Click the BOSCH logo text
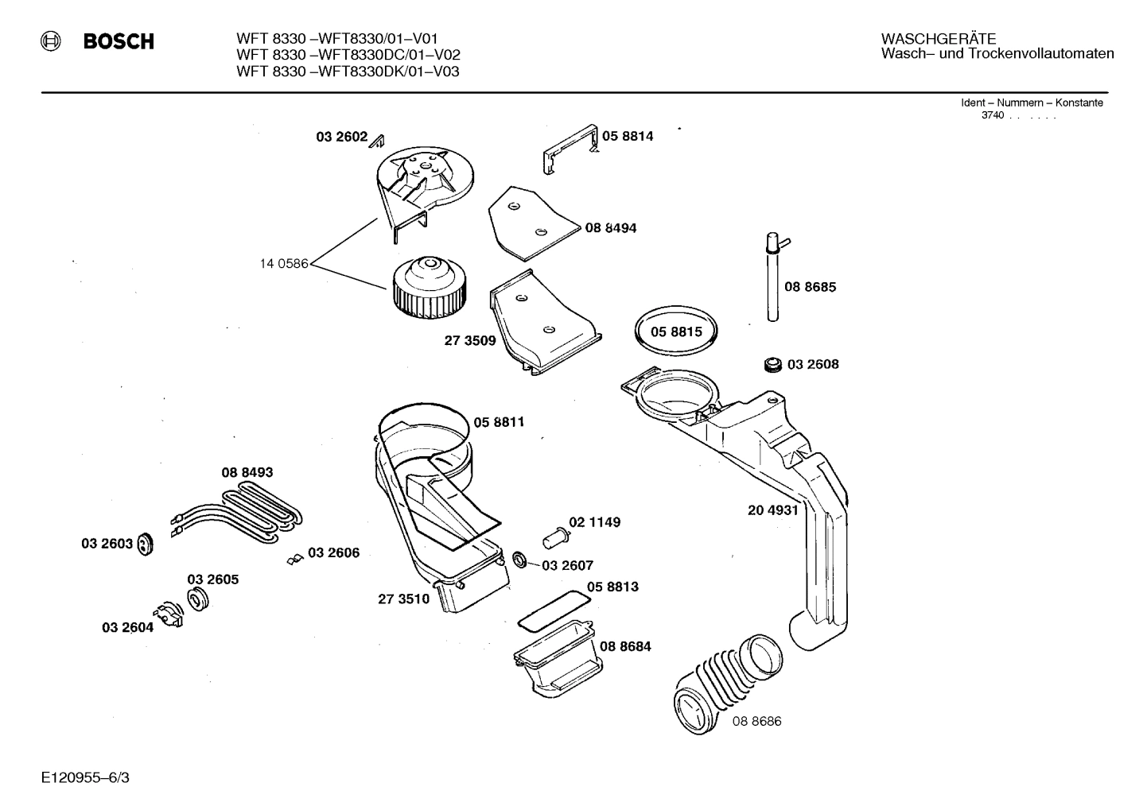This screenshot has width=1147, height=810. point(119,41)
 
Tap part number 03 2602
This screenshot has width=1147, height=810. point(341,137)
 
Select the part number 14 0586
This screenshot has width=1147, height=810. point(283,264)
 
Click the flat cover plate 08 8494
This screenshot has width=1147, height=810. point(529,223)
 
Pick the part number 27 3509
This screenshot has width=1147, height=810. point(469,341)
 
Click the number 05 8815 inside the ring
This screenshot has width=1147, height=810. point(676,331)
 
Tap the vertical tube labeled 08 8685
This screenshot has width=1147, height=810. point(772,278)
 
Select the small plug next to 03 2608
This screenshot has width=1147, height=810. point(771,365)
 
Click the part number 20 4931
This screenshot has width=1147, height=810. point(772,510)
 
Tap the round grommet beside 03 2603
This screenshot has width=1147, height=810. point(145,545)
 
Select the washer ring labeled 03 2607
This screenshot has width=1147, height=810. point(519,560)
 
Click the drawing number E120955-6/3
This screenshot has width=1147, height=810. point(85,777)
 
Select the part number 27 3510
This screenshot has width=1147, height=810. point(403,599)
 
